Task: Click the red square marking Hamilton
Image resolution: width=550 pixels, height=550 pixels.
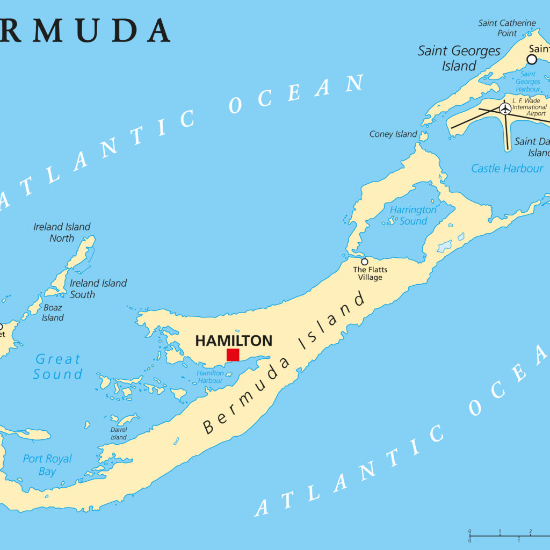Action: coord(233,354)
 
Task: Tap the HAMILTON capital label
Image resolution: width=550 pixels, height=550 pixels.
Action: coord(234,341)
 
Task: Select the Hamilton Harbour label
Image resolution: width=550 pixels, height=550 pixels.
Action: coord(209,377)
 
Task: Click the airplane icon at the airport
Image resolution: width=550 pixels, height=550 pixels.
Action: coord(505,108)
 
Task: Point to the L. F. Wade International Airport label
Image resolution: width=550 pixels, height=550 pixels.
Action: coord(529,107)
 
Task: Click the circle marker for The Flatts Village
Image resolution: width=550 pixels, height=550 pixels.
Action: coord(364,262)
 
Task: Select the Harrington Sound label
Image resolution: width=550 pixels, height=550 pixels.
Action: coord(413,215)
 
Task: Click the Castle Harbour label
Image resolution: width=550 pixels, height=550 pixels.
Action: coord(507,169)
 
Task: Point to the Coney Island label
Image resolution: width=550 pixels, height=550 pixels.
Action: coord(393,134)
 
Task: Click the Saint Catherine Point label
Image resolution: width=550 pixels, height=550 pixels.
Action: coord(507,28)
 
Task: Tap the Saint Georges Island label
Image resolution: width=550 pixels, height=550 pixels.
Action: coord(459,58)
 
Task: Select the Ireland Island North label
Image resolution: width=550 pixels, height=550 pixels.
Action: coord(62,232)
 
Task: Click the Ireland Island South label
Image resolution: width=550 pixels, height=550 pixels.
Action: coord(98,288)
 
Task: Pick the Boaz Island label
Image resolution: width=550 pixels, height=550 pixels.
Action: coord(53,313)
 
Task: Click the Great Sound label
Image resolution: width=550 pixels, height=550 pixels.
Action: coord(58,366)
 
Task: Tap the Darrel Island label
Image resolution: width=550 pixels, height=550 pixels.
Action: coord(119,433)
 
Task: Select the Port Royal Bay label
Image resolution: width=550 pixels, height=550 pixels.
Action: coord(47,465)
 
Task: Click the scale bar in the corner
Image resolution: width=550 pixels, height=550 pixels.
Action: coord(508,535)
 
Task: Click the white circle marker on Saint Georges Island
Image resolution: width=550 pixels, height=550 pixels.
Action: coord(532,59)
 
